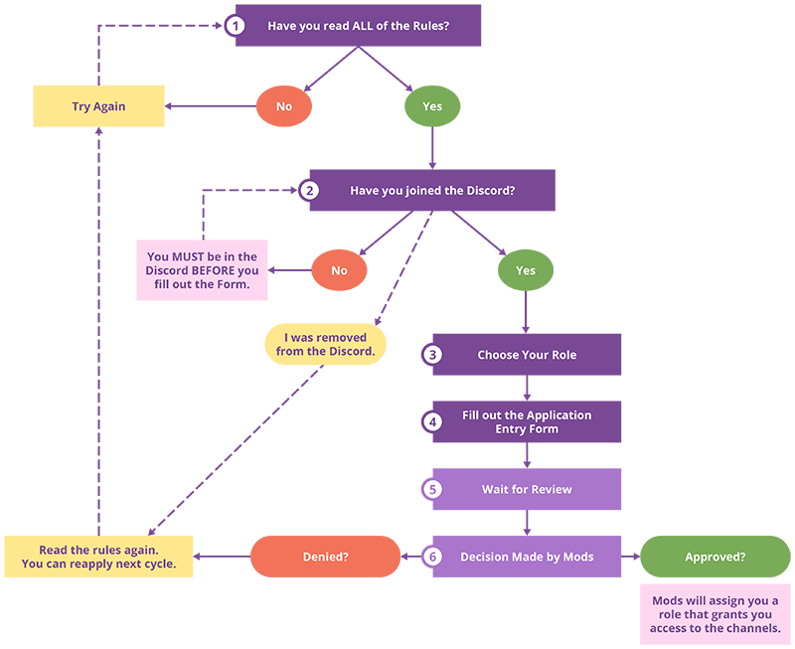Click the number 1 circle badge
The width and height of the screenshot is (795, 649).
[x=235, y=26]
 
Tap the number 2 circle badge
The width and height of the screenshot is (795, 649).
[x=310, y=190]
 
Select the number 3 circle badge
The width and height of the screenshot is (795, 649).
[x=432, y=355]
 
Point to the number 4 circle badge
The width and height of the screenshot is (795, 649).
[x=432, y=421]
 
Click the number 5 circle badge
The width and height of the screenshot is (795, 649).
[x=432, y=489]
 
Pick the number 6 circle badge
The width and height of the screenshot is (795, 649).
[x=432, y=557]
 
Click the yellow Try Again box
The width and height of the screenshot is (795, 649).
[x=98, y=106]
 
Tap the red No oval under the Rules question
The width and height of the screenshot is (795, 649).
[x=283, y=106]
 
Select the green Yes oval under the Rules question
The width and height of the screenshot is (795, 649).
[x=432, y=106]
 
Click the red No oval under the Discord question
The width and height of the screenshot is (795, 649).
[x=339, y=270]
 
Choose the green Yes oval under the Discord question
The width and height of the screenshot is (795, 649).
[x=526, y=270]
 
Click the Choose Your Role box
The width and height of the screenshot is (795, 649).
[x=527, y=355]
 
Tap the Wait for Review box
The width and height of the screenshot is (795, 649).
[x=527, y=489]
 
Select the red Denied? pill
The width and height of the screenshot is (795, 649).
[x=325, y=557]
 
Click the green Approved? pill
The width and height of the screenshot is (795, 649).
[x=715, y=557]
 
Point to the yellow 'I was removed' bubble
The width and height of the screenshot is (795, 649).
[x=325, y=345]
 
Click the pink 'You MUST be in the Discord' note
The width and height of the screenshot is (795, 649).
[x=202, y=270]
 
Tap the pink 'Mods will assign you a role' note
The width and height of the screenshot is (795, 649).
[x=715, y=614]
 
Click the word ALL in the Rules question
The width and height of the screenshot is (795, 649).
[x=363, y=26]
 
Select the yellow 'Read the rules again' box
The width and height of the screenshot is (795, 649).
[x=98, y=557]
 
